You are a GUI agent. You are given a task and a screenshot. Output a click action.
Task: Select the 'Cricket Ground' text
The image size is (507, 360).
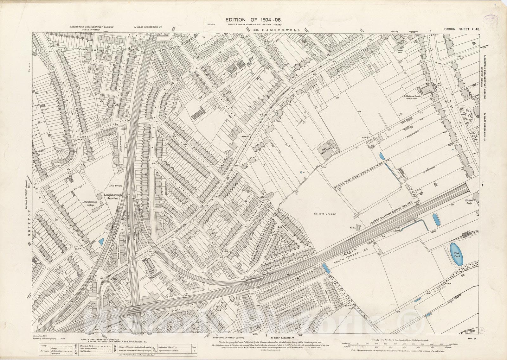pyautogui.click(x=325, y=214)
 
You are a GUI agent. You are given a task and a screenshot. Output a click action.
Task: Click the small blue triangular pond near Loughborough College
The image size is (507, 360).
pyautogui.click(x=101, y=242)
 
